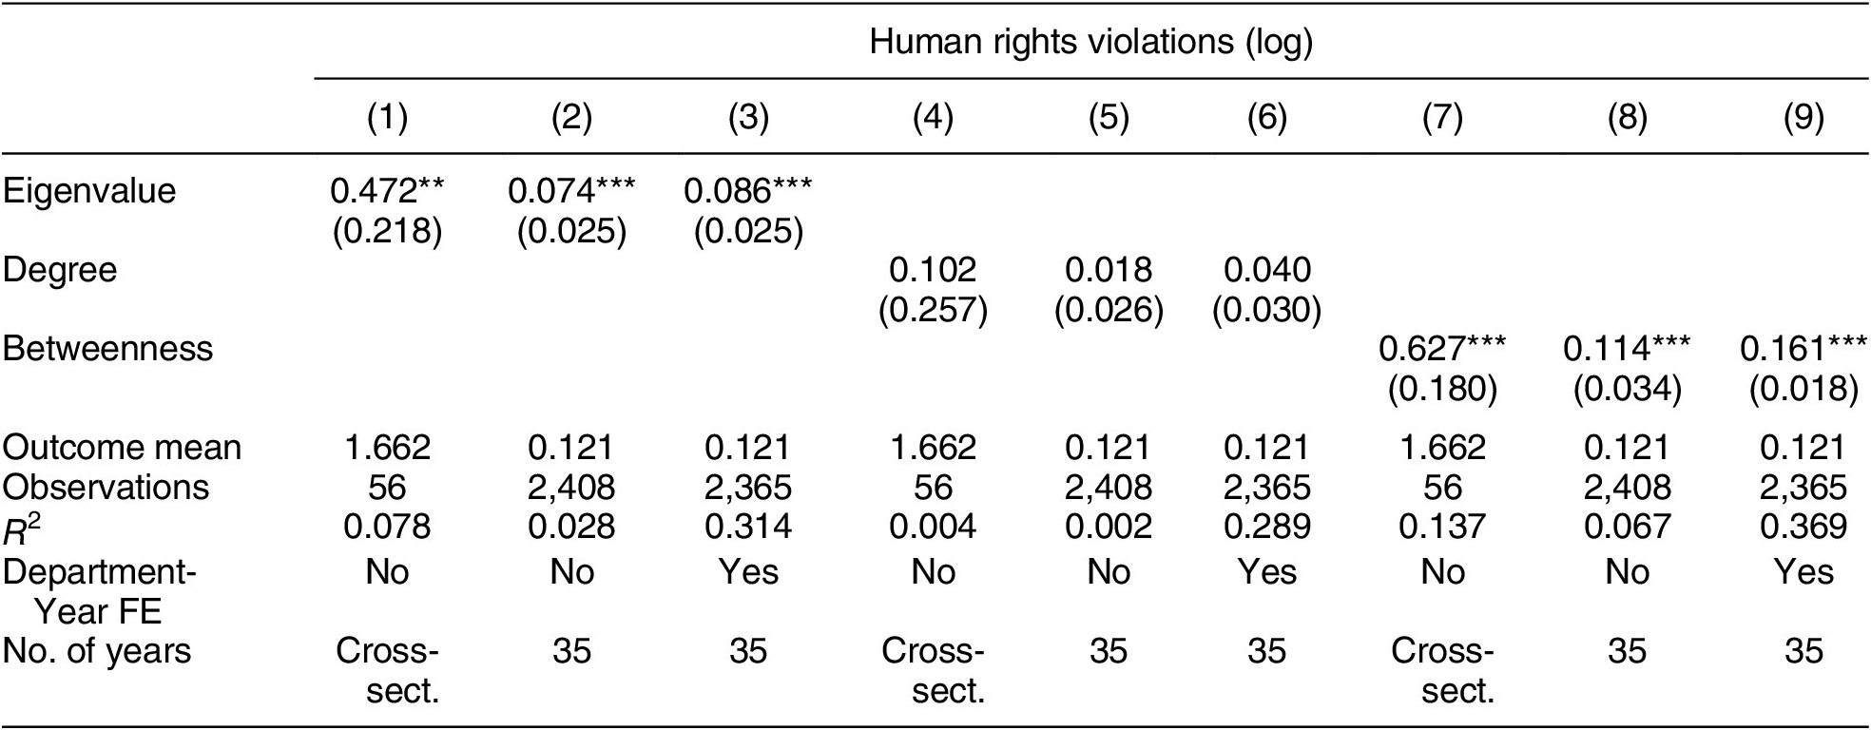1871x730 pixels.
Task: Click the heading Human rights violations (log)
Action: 1090,42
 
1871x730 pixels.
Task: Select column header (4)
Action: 932,117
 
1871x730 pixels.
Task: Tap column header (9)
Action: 1803,117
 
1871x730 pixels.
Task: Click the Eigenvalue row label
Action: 89,191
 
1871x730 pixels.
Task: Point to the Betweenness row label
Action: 107,349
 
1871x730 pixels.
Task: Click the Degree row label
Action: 60,270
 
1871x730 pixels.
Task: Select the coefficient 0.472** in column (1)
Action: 387,191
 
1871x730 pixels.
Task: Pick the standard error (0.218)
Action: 387,231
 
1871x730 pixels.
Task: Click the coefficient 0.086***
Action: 748,191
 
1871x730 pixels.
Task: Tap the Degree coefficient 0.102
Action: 932,270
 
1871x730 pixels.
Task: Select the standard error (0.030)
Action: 1266,310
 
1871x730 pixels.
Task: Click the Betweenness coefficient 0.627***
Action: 1442,349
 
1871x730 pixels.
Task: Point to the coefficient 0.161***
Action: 1803,349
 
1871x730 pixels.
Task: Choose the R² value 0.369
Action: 1803,527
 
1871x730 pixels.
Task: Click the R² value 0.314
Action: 748,527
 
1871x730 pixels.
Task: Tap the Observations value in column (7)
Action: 1442,488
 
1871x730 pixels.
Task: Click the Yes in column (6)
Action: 1266,572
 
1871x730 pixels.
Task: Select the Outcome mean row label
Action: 122,448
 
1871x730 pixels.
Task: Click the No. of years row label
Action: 97,652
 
